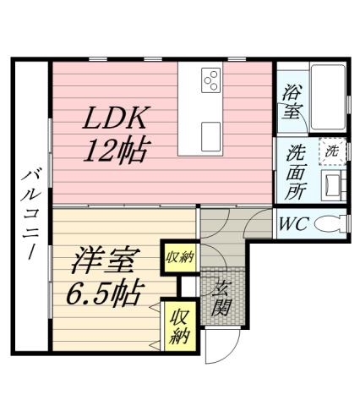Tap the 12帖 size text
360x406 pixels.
(116, 152)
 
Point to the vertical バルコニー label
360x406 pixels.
(29, 212)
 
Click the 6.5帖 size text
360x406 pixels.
(104, 293)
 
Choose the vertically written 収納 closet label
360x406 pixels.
(178, 326)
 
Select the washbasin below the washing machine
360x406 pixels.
(331, 184)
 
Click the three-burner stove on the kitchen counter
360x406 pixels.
(210, 82)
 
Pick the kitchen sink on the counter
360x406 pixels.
(210, 133)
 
